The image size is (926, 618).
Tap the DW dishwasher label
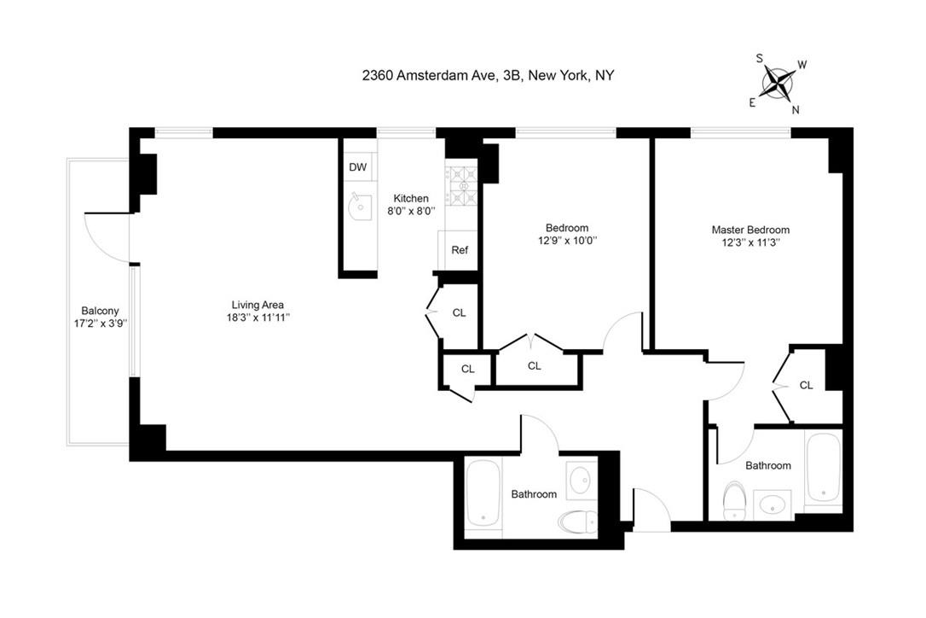click(357, 167)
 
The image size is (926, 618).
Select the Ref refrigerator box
click(460, 251)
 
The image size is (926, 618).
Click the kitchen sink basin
click(360, 206)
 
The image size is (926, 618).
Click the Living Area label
click(258, 305)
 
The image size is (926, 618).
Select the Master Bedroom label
click(750, 230)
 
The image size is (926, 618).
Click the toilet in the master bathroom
click(734, 501)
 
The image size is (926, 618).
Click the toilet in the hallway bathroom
click(577, 520)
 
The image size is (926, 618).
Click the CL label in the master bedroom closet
click(806, 385)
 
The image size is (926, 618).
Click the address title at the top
click(488, 75)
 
